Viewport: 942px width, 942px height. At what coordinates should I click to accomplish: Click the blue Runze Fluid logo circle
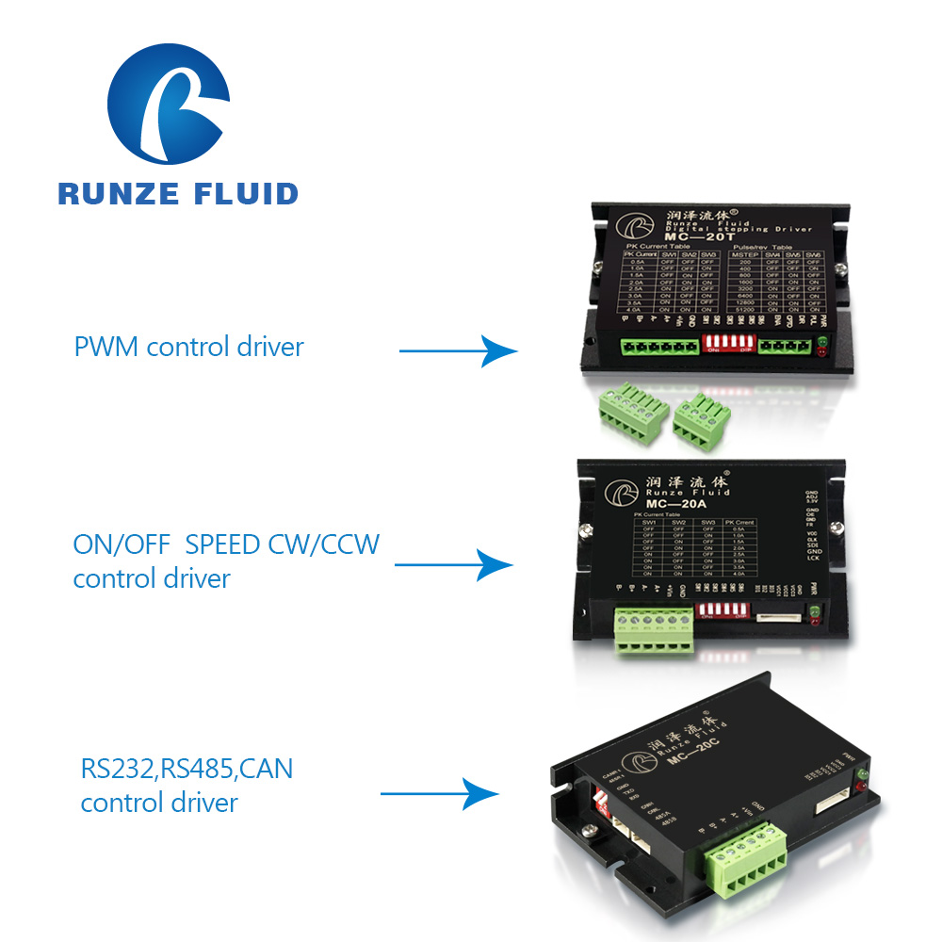[169, 101]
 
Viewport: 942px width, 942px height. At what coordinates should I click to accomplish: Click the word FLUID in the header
[243, 194]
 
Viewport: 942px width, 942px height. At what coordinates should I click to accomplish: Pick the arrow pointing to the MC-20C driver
[439, 793]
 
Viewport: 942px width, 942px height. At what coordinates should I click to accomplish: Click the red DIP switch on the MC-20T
[726, 342]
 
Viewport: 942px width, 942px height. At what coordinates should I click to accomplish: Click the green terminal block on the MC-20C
[743, 854]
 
